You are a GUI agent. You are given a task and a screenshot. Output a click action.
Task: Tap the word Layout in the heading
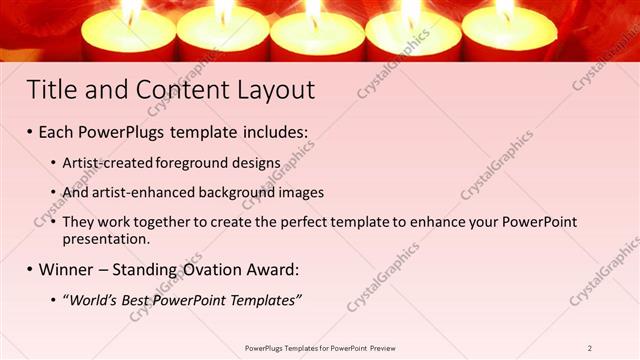click(x=272, y=90)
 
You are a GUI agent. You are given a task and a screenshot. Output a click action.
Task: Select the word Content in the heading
click(x=169, y=90)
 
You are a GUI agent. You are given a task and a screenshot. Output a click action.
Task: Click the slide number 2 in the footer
click(x=589, y=347)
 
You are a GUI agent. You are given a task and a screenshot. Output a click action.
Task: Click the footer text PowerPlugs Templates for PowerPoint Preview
click(x=320, y=347)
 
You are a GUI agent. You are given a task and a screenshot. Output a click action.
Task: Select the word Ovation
click(x=203, y=269)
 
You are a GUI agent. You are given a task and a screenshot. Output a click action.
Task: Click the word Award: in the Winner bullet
click(x=272, y=269)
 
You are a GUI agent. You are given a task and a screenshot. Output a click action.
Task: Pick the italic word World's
click(x=93, y=300)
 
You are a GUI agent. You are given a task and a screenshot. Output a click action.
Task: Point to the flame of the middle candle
click(x=316, y=10)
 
